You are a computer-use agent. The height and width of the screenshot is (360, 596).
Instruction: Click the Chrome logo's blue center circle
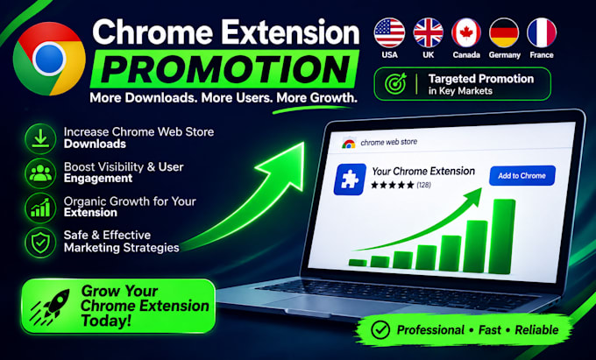click(x=49, y=59)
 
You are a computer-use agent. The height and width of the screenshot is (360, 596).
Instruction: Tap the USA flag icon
click(x=390, y=33)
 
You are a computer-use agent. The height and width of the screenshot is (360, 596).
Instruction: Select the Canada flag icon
click(x=466, y=33)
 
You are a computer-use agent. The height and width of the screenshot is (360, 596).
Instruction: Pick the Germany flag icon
click(x=504, y=33)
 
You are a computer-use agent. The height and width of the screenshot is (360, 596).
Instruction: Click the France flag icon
click(x=542, y=33)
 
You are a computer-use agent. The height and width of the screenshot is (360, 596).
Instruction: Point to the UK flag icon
click(x=428, y=33)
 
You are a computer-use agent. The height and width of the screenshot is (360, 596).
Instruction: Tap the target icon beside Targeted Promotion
click(x=395, y=84)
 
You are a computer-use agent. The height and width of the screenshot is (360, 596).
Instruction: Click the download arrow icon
click(x=40, y=139)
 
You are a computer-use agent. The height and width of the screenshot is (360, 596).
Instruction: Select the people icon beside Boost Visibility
click(x=40, y=173)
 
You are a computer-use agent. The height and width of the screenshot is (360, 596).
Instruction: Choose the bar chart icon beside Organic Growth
click(x=40, y=208)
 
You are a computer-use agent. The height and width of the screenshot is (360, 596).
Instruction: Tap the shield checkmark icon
click(x=40, y=243)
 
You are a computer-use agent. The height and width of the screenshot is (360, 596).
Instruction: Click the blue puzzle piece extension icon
click(x=350, y=180)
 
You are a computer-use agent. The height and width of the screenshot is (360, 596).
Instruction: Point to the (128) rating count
click(x=423, y=185)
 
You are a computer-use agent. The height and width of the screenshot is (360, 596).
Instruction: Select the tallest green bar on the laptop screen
click(x=503, y=236)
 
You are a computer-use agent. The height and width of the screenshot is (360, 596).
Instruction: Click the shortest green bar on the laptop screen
click(x=358, y=263)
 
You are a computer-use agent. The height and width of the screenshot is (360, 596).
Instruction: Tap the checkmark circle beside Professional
click(x=380, y=330)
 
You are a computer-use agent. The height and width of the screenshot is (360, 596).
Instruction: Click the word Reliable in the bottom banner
click(x=536, y=330)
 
